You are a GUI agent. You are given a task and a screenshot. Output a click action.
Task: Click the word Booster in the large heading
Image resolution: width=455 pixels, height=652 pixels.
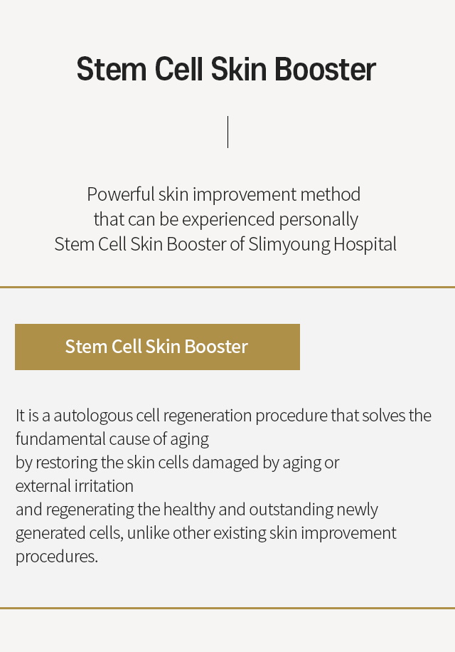[x=325, y=69]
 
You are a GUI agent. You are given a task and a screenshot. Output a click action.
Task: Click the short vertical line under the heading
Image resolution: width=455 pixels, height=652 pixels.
[x=228, y=132]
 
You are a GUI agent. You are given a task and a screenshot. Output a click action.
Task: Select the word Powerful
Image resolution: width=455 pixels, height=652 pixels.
[x=120, y=194]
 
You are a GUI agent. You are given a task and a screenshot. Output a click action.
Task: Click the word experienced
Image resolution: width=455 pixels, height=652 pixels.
[x=228, y=219]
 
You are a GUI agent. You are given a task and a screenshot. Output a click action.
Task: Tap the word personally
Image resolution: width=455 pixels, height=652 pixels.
[x=318, y=219]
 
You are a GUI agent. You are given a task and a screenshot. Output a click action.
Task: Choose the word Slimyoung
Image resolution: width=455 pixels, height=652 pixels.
[x=289, y=244]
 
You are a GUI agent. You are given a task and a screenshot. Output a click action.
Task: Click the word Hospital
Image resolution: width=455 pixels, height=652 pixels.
[x=365, y=244]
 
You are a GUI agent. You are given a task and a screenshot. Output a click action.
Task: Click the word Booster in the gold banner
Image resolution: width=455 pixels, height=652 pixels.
[x=216, y=347]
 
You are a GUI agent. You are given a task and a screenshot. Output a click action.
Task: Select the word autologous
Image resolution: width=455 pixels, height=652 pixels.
[x=93, y=416]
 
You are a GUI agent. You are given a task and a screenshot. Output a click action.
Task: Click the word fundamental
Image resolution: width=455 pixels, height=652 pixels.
[x=60, y=438]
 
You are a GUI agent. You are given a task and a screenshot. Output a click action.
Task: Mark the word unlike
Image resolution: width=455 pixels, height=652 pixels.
[x=148, y=532]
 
